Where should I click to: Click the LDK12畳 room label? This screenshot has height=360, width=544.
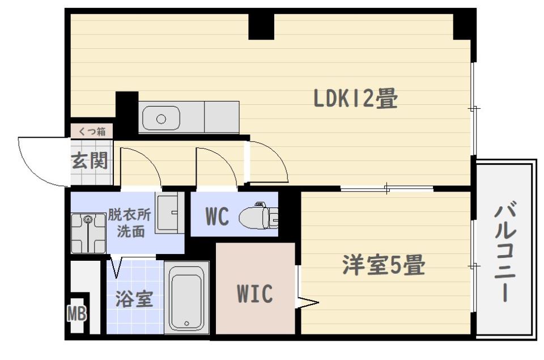click(x=356, y=99)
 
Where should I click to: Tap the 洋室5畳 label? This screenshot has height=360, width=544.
click(x=384, y=265)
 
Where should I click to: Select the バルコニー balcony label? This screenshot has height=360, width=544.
click(x=505, y=254)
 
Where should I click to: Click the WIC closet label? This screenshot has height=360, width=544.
click(x=255, y=294)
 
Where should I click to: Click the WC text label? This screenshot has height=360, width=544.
click(x=218, y=217)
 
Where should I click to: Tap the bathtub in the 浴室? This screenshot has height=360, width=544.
click(x=186, y=298)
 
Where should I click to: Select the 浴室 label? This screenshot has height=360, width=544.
click(x=134, y=299)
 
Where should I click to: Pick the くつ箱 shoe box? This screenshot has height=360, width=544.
click(x=92, y=132)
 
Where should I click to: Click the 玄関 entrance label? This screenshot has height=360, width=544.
click(x=90, y=161)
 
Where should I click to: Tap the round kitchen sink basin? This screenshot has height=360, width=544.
click(x=161, y=119)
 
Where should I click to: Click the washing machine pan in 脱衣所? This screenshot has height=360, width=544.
click(x=88, y=233)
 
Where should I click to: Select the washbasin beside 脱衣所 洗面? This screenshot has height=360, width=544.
click(x=169, y=212)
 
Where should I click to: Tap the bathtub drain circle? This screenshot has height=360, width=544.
click(x=186, y=324)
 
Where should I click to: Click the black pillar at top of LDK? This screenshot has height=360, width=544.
click(x=261, y=27)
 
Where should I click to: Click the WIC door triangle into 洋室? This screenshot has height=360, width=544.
click(x=307, y=302)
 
